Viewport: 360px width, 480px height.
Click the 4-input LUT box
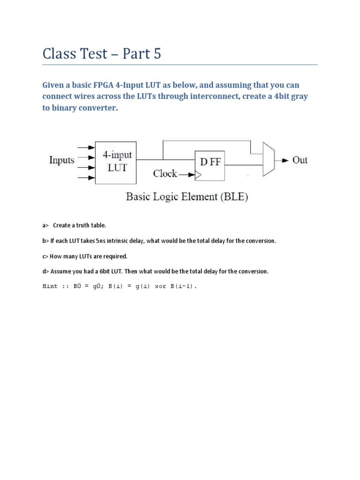click(116, 162)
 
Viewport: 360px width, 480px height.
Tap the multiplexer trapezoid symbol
click(268, 159)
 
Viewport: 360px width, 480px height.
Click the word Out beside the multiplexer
click(300, 160)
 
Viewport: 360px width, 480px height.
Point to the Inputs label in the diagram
click(62, 160)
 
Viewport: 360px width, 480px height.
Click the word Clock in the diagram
click(165, 173)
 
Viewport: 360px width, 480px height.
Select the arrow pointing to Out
click(283, 160)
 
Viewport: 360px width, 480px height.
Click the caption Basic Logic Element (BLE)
click(187, 197)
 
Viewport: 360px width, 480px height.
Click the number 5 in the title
click(156, 54)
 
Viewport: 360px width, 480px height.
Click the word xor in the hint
click(161, 286)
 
